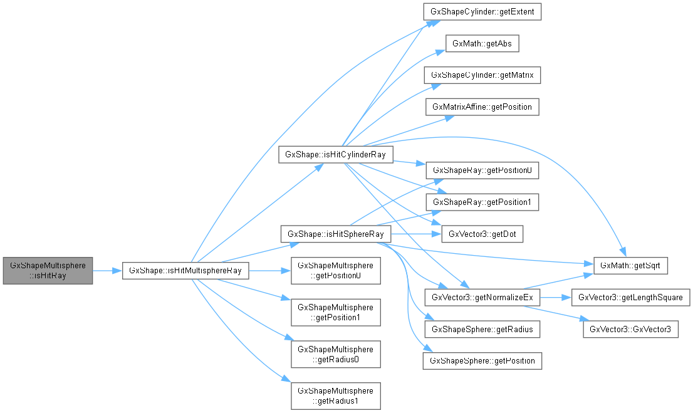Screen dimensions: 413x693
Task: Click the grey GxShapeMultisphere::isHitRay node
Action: click(x=48, y=270)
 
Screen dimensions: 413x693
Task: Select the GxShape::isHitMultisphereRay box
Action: click(x=185, y=270)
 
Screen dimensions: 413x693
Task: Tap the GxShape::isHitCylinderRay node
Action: click(x=335, y=154)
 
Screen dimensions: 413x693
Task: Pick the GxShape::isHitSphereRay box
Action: click(x=336, y=234)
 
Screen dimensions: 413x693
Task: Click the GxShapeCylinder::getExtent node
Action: click(x=482, y=12)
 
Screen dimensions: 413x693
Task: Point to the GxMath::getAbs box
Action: click(x=482, y=44)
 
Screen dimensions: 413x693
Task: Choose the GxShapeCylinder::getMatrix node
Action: click(x=482, y=75)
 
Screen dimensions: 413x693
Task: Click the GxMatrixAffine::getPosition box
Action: click(x=482, y=107)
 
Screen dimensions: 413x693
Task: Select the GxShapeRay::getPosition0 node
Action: click(x=482, y=170)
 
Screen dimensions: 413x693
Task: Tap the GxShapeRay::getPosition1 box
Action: click(x=482, y=202)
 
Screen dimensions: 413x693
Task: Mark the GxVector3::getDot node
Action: click(x=482, y=234)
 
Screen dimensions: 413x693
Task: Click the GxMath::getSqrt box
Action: click(x=630, y=266)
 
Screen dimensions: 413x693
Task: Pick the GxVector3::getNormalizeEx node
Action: click(x=482, y=297)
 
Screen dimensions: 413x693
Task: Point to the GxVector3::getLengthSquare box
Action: click(x=630, y=297)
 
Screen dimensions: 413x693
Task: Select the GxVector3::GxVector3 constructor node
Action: click(x=630, y=329)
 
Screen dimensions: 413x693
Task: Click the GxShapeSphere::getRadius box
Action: click(x=482, y=329)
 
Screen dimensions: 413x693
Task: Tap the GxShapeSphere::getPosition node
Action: click(x=482, y=361)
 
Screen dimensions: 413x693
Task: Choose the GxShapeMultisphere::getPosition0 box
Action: click(x=335, y=270)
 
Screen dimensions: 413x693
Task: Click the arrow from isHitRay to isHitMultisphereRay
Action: click(x=107, y=270)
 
